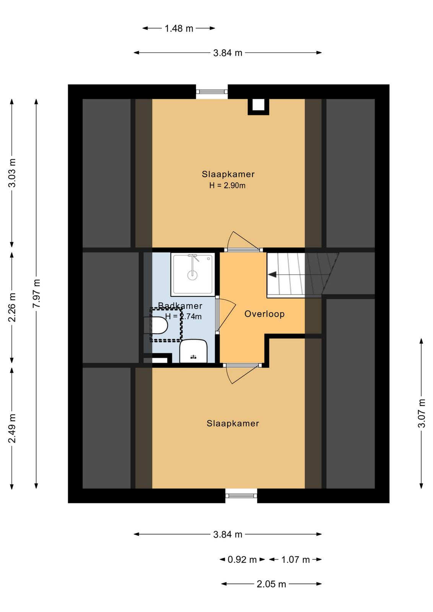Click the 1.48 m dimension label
179,28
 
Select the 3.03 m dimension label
12,173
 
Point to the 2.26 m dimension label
12,307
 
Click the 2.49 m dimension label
12,428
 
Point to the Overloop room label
264,314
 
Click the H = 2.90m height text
227,186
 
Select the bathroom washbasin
194,351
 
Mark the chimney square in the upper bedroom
259,107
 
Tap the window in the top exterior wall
212,92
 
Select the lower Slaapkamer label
233,423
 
